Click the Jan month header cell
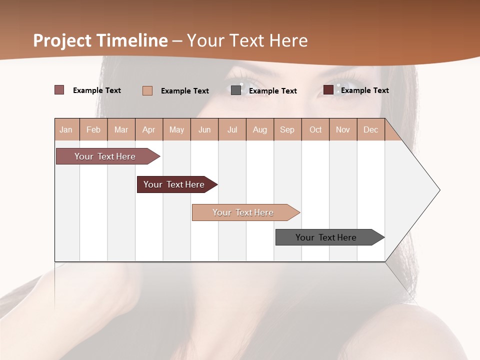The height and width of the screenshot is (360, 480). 66,129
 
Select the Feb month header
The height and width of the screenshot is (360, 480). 93,129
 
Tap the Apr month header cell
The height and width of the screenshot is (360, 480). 149,129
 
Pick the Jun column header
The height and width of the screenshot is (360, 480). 204,129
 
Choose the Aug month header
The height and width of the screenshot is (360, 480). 260,129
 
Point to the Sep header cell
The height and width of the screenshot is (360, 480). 287,129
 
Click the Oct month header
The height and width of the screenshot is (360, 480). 315,129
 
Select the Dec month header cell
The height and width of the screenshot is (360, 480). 371,129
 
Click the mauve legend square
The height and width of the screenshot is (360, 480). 59,90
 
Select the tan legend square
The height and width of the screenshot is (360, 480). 147,90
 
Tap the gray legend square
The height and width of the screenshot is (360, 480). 236,90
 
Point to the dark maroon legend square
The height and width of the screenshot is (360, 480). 328,90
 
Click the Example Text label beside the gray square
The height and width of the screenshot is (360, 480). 272,91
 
